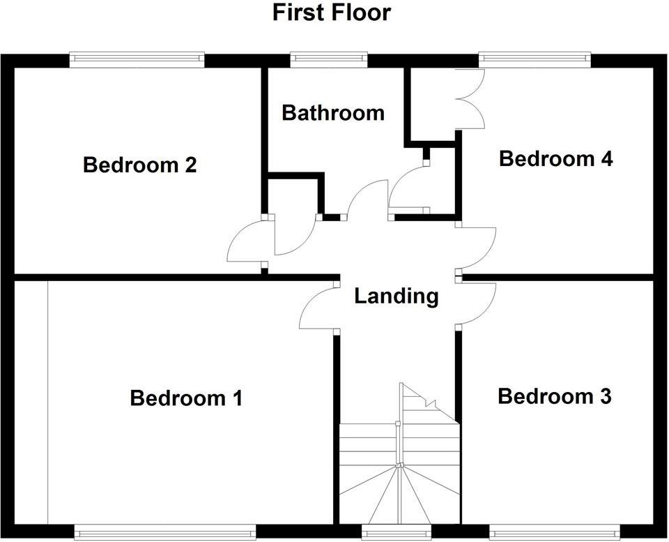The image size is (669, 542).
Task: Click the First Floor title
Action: pos(331,13)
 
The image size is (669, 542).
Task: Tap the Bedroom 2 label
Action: pos(139,165)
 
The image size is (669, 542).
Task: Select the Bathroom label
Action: pos(332,112)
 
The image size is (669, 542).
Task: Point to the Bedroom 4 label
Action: pos(555,159)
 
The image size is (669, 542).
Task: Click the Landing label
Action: pos(396,296)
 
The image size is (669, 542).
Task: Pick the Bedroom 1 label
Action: pos(186,398)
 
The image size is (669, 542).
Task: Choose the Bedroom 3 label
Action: pos(554,397)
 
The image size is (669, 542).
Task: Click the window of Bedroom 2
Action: pos(137,60)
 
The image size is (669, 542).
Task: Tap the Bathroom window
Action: pos(329,60)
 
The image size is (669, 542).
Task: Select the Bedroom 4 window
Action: pos(535,60)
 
